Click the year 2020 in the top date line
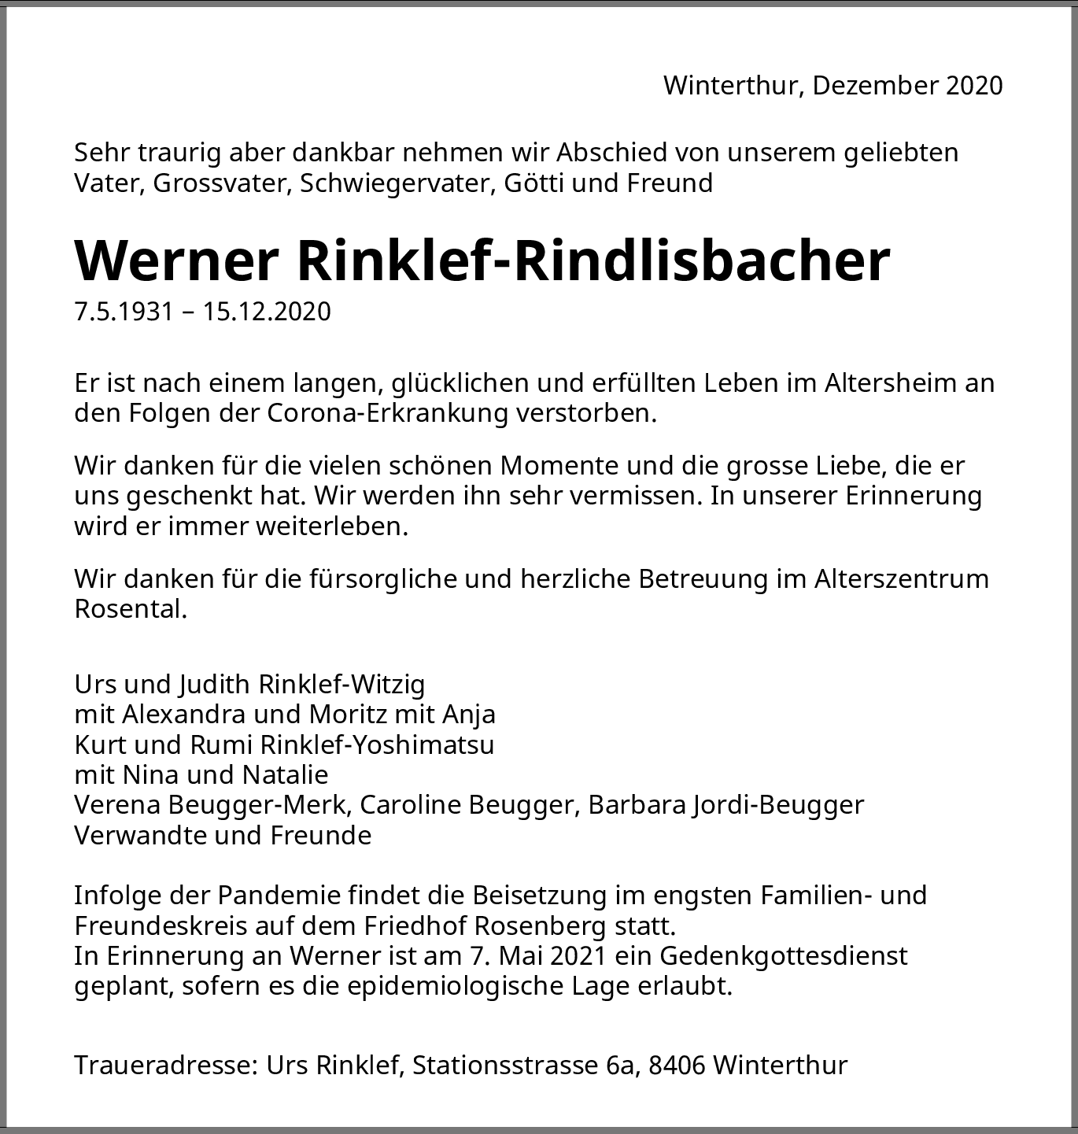coord(974,85)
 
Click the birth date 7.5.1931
coord(124,312)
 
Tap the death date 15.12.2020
coord(267,312)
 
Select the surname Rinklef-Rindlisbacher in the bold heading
coord(593,260)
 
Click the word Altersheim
coord(893,383)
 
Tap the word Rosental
coord(130,609)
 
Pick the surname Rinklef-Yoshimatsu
coord(377,744)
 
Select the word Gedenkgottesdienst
coord(784,956)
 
